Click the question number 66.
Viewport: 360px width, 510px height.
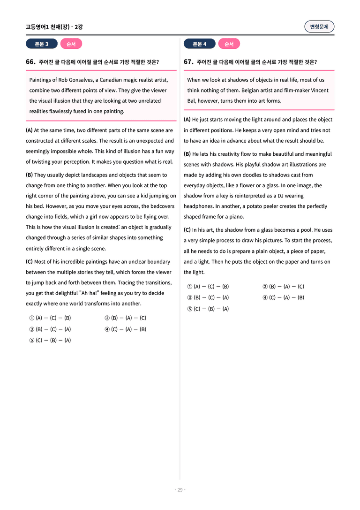[30, 62]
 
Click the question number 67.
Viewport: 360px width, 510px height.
[188, 62]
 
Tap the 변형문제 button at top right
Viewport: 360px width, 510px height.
[319, 27]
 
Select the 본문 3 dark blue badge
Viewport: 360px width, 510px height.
[41, 44]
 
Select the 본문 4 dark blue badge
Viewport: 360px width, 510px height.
[199, 44]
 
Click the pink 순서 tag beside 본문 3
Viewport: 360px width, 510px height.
[71, 44]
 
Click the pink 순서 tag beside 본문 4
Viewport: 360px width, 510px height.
[229, 44]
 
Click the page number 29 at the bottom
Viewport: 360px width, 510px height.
[180, 490]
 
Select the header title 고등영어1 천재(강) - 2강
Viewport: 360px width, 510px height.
[54, 27]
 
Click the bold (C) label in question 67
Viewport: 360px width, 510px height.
[187, 230]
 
